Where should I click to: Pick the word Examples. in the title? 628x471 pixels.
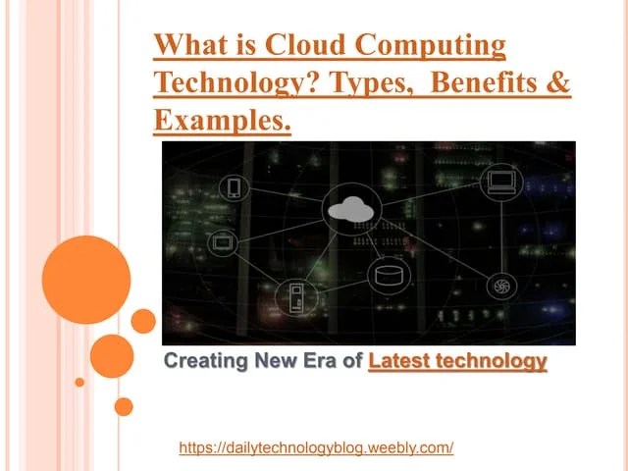(223, 121)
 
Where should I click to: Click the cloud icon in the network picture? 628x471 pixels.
(351, 207)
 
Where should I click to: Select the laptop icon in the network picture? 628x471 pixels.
(502, 181)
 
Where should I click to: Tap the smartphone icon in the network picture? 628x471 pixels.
(234, 187)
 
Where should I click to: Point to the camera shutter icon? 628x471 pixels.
(500, 287)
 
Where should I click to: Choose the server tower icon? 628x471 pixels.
(295, 295)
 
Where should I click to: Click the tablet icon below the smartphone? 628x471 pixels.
(224, 240)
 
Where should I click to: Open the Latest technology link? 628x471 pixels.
(457, 360)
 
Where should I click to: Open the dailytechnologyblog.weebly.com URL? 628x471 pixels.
(316, 447)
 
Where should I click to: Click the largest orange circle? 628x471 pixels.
(86, 280)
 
